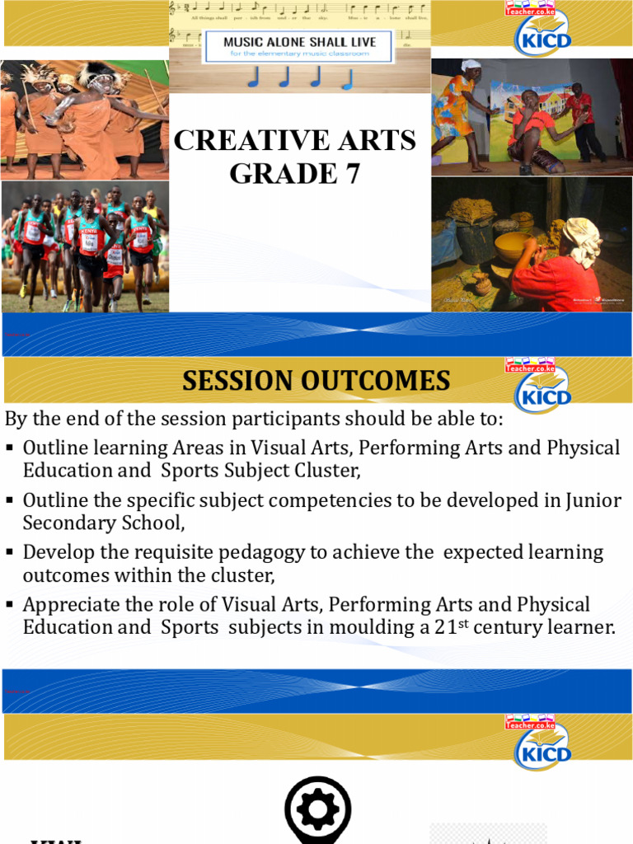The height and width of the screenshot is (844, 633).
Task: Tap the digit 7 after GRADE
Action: [x=352, y=175]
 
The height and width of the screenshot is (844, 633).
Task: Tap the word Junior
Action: [x=591, y=499]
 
